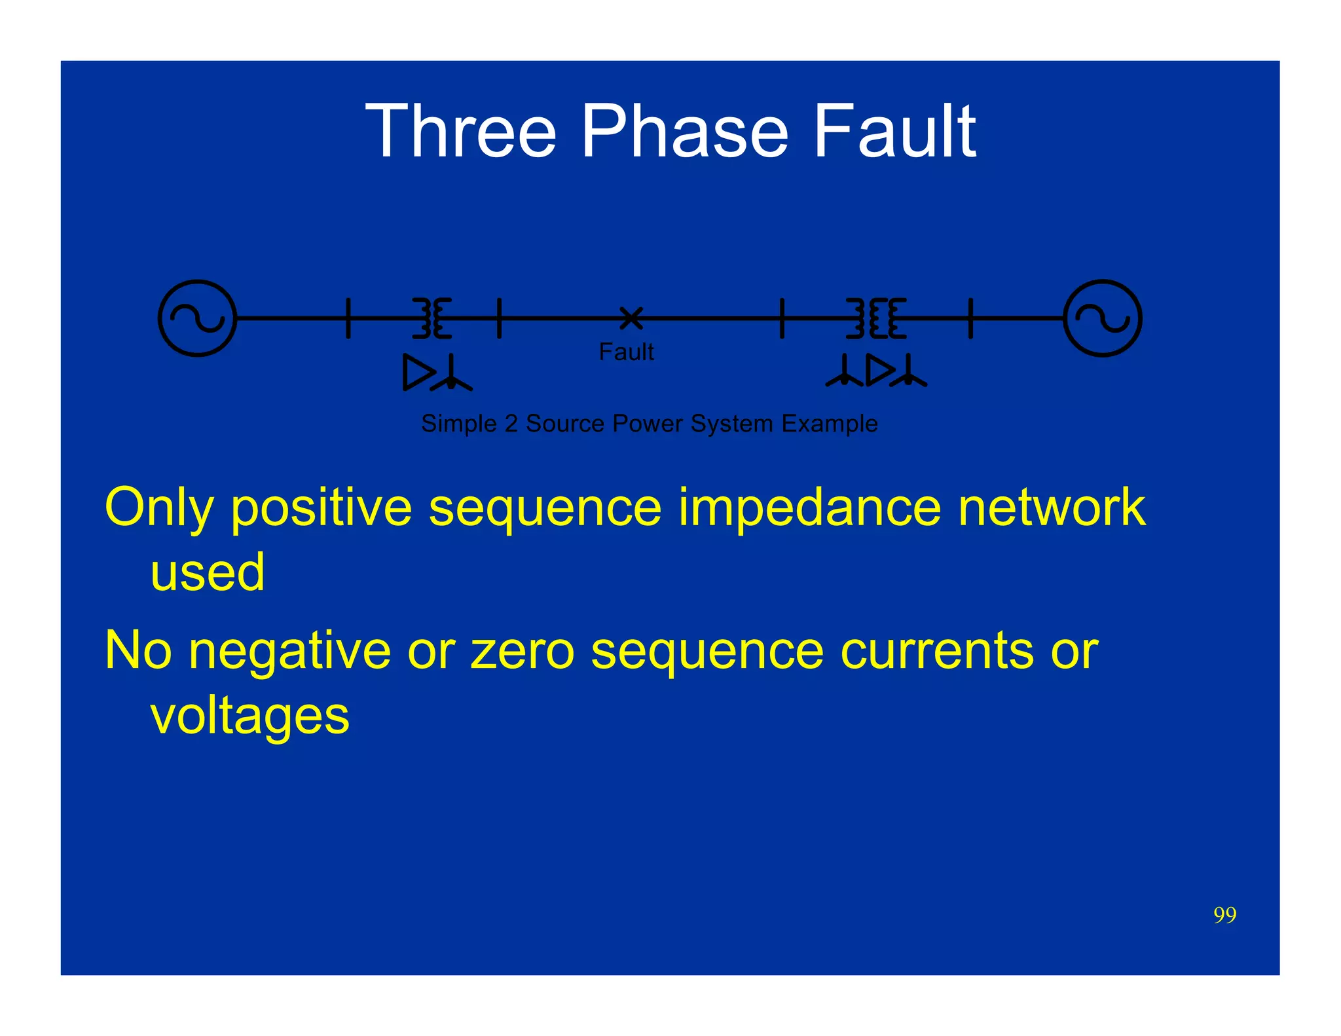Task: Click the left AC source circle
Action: click(x=197, y=318)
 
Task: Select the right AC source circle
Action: click(x=1103, y=318)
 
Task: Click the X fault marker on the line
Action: click(x=631, y=318)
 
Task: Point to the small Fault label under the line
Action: click(x=626, y=352)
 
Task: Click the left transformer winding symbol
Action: click(x=432, y=318)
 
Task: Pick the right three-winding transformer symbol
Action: click(x=876, y=318)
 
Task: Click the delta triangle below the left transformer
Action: click(x=417, y=373)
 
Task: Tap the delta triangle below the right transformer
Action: click(x=879, y=370)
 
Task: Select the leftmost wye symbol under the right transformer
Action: click(x=844, y=372)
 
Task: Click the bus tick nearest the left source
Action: click(x=348, y=318)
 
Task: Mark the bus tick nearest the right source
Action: click(x=970, y=318)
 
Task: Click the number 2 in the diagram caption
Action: click(x=511, y=424)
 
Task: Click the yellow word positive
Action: click(x=321, y=508)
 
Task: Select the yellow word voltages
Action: click(x=250, y=716)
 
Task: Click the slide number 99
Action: click(x=1224, y=915)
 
